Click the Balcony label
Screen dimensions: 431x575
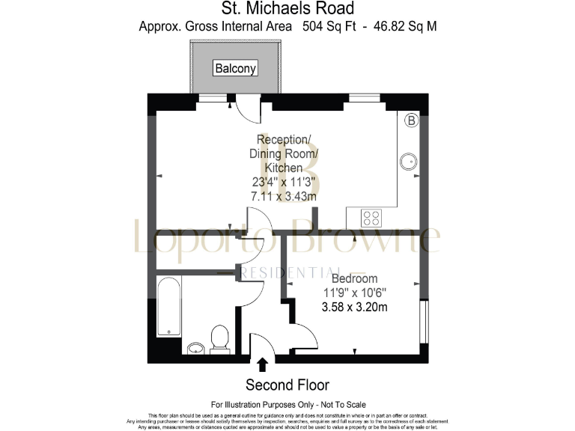click(235, 68)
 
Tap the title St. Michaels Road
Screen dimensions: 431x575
click(287, 9)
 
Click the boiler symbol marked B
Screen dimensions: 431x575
click(411, 120)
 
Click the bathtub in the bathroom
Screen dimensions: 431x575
click(168, 309)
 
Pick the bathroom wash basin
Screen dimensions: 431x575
click(195, 347)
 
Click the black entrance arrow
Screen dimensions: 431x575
click(263, 365)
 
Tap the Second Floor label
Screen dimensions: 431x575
click(287, 385)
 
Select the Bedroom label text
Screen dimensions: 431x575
click(355, 278)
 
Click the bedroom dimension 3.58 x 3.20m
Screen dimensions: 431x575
click(355, 307)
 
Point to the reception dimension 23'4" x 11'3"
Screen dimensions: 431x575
click(283, 182)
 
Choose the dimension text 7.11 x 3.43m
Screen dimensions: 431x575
click(283, 196)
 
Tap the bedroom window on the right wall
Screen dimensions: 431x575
click(426, 321)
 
